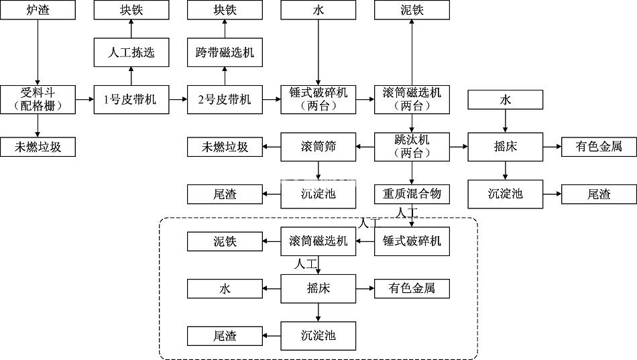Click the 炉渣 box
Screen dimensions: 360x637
(x=38, y=10)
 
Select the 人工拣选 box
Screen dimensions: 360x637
(x=131, y=52)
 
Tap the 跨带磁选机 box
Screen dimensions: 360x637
(x=225, y=52)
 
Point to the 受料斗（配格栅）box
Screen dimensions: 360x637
(x=38, y=99)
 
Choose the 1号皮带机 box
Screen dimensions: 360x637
(x=131, y=99)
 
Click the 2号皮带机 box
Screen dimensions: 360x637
(x=225, y=99)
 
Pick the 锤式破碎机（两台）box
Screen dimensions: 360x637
(x=318, y=99)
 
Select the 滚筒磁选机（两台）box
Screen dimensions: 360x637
(x=412, y=99)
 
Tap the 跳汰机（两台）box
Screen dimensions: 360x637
(x=412, y=146)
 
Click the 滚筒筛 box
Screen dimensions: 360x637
(x=318, y=147)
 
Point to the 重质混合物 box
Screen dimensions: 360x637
(x=412, y=194)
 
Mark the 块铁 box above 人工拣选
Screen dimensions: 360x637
(x=131, y=10)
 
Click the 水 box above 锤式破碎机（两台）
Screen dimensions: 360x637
(x=318, y=10)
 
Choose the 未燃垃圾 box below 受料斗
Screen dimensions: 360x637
(x=38, y=147)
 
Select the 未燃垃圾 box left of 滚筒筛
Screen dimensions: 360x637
(x=225, y=147)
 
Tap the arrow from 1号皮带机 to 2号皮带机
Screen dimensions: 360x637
(x=178, y=99)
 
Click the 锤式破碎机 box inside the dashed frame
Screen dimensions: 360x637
(x=412, y=241)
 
